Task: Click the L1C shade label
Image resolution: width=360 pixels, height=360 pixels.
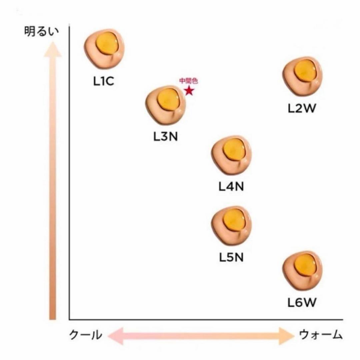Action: pyautogui.click(x=104, y=81)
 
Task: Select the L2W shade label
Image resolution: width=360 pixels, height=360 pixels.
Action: pyautogui.click(x=302, y=108)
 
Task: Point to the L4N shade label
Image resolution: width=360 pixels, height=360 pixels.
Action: pyautogui.click(x=231, y=186)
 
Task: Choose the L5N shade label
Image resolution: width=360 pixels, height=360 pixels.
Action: pyautogui.click(x=231, y=257)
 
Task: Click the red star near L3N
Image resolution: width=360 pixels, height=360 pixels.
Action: pyautogui.click(x=189, y=90)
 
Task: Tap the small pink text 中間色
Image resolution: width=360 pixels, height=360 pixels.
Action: pyautogui.click(x=188, y=81)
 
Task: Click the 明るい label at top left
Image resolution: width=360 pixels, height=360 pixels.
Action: pyautogui.click(x=42, y=31)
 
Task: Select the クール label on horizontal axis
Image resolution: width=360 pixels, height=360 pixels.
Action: pyautogui.click(x=85, y=335)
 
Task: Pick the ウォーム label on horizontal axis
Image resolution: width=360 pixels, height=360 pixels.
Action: pyautogui.click(x=321, y=335)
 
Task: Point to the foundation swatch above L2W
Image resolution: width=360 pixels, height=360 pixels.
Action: pyautogui.click(x=302, y=76)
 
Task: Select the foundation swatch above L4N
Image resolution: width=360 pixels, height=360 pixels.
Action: pyautogui.click(x=231, y=155)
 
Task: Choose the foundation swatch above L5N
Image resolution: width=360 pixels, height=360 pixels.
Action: pyautogui.click(x=231, y=225)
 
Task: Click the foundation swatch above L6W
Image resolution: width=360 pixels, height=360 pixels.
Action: pyautogui.click(x=302, y=270)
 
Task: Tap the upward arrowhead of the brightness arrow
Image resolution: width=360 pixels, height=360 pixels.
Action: pyautogui.click(x=53, y=49)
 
